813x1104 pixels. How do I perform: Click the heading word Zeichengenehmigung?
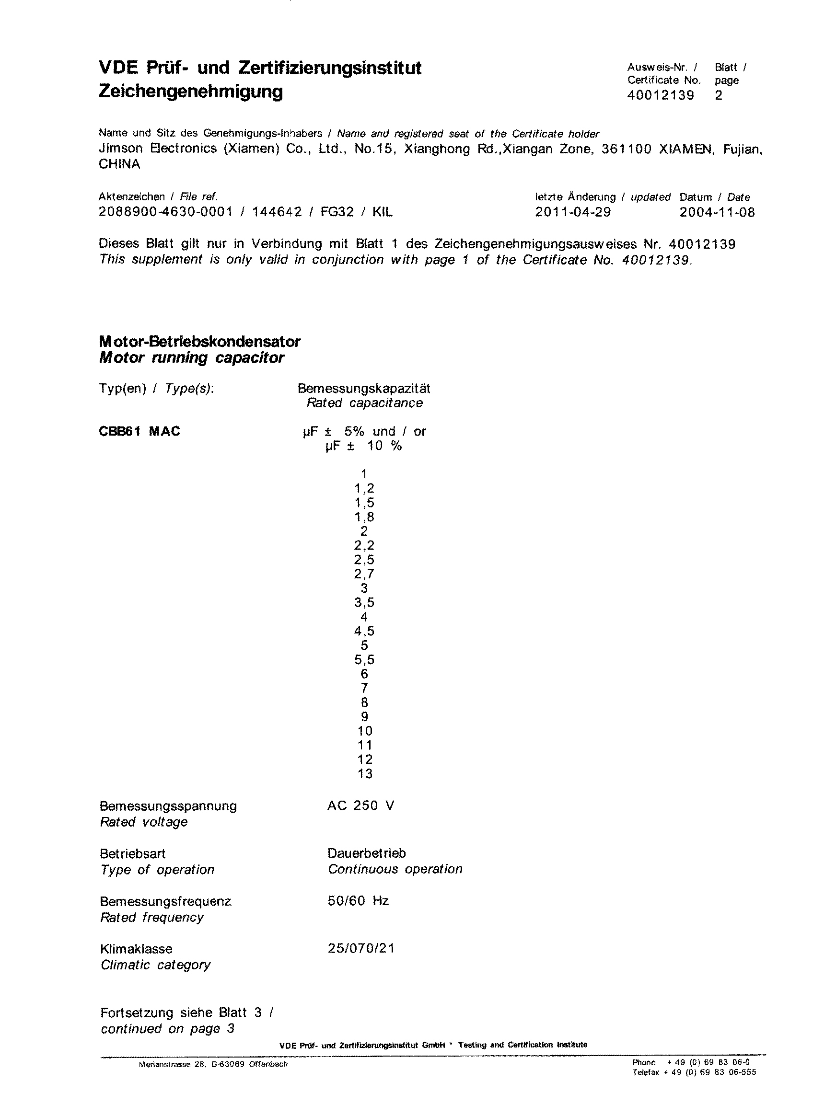pyautogui.click(x=190, y=92)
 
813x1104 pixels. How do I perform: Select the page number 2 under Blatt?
pyautogui.click(x=719, y=95)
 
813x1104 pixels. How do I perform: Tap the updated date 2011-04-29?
pyautogui.click(x=573, y=212)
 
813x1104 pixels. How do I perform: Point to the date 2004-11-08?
pyautogui.click(x=717, y=212)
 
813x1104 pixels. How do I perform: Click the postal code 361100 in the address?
pyautogui.click(x=627, y=149)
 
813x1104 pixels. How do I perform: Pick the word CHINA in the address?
pyautogui.click(x=119, y=164)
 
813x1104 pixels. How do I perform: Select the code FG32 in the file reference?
pyautogui.click(x=337, y=212)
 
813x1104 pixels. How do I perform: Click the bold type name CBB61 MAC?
pyautogui.click(x=139, y=431)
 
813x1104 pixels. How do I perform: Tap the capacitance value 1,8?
pyautogui.click(x=364, y=517)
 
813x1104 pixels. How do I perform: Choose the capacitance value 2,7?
pyautogui.click(x=364, y=574)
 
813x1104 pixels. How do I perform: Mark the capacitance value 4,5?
pyautogui.click(x=364, y=631)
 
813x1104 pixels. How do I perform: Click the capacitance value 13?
pyautogui.click(x=365, y=773)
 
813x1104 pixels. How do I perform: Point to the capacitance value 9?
pyautogui.click(x=365, y=716)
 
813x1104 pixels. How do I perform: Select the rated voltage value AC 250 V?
pyautogui.click(x=361, y=805)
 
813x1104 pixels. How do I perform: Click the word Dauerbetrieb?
pyautogui.click(x=367, y=853)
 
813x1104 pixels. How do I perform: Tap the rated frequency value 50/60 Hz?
pyautogui.click(x=358, y=901)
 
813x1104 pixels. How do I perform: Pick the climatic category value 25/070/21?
pyautogui.click(x=361, y=948)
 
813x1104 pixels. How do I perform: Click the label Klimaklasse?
pyautogui.click(x=136, y=949)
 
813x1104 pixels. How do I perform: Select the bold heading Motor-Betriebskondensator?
pyautogui.click(x=199, y=342)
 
